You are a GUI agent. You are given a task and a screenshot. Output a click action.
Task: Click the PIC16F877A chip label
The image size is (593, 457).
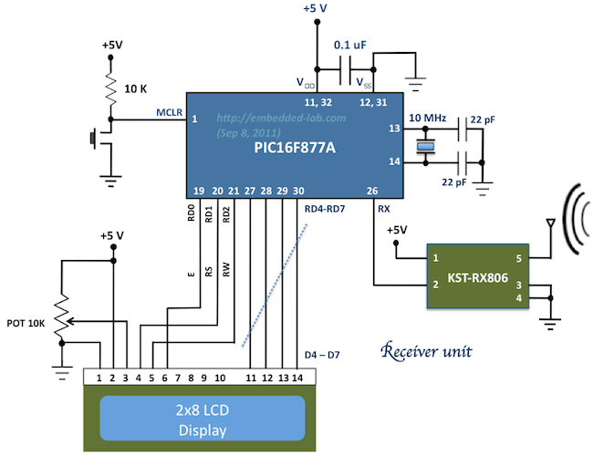pyautogui.click(x=289, y=148)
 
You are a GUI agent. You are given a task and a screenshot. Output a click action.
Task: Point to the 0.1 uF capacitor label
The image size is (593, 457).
pyautogui.click(x=352, y=44)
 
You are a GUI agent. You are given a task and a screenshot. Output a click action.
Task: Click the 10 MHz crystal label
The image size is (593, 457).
pyautogui.click(x=428, y=119)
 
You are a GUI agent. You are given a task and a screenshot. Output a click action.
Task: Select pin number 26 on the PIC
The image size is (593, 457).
pyautogui.click(x=371, y=191)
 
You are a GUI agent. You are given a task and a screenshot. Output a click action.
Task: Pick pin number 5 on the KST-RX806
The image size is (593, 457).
pyautogui.click(x=519, y=258)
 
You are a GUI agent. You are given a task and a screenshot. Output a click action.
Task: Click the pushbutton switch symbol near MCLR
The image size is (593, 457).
pyautogui.click(x=94, y=140)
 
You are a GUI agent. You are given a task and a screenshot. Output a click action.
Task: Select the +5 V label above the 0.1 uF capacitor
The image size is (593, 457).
pyautogui.click(x=316, y=9)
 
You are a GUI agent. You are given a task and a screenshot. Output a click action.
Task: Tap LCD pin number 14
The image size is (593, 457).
pyautogui.click(x=298, y=377)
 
